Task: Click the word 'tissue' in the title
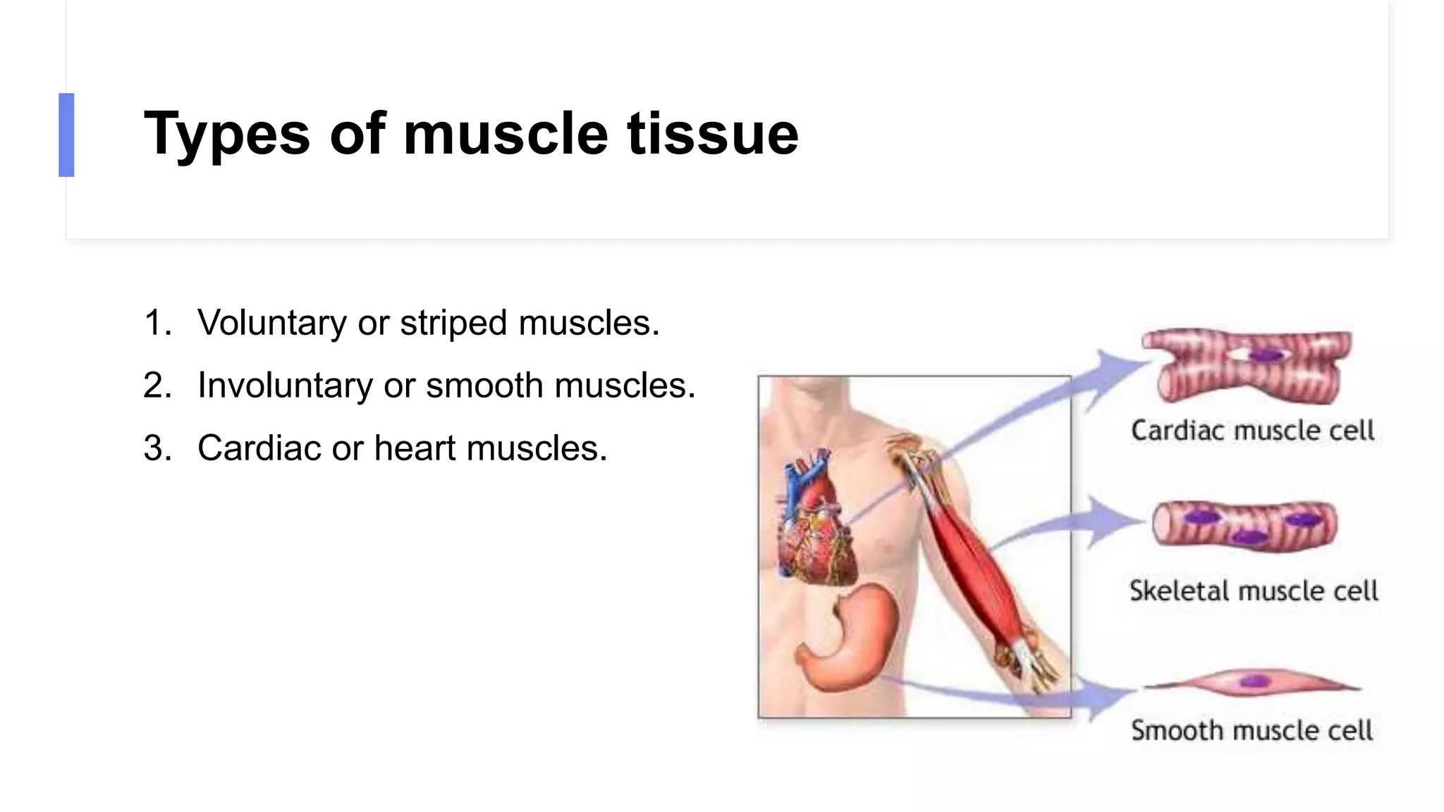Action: pos(713,134)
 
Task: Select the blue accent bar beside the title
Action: pos(66,135)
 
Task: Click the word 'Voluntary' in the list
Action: pos(271,323)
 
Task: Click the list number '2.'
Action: pos(157,386)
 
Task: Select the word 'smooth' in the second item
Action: pos(484,386)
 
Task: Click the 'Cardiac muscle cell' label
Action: pos(1253,430)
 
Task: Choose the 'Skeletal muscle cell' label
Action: pos(1254,591)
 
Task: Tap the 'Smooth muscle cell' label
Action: pos(1252,730)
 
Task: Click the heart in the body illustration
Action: pos(818,522)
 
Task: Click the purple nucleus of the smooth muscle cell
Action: pos(1254,682)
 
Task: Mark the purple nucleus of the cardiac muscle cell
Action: pos(1266,355)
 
